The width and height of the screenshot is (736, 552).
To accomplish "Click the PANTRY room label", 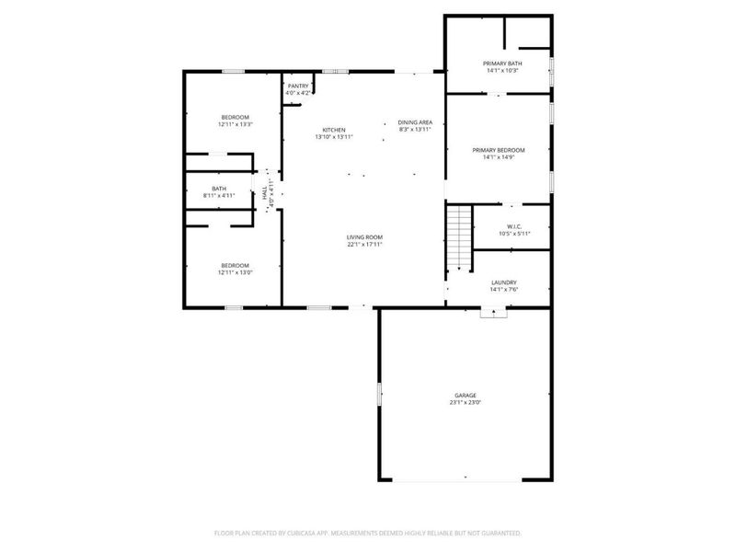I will click(299, 86).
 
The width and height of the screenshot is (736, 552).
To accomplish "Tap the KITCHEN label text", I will click(334, 130).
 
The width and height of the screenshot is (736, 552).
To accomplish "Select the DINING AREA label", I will click(415, 122).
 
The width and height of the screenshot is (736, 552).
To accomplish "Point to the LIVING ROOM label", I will click(364, 237).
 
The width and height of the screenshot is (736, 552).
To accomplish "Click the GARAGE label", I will click(466, 395).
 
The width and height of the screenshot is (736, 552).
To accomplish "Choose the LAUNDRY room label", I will click(503, 282).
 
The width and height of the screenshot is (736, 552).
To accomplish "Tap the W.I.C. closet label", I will click(514, 226).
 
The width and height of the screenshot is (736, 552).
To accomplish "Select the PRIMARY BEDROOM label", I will click(499, 150).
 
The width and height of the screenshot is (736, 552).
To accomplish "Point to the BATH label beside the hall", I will click(219, 189).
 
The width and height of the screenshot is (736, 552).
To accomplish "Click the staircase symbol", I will click(458, 236).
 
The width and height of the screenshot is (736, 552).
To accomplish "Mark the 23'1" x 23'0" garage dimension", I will click(466, 402).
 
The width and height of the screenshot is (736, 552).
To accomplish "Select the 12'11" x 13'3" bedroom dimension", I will click(235, 125).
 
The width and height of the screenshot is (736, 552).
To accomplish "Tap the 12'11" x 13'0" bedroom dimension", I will click(235, 272).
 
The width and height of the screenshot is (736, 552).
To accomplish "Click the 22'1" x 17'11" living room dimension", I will click(364, 245).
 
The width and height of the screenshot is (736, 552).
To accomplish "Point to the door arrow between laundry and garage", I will click(494, 313).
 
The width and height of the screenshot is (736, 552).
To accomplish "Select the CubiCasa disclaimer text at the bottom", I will click(368, 533).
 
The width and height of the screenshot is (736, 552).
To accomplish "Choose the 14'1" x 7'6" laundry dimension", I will click(503, 290).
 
